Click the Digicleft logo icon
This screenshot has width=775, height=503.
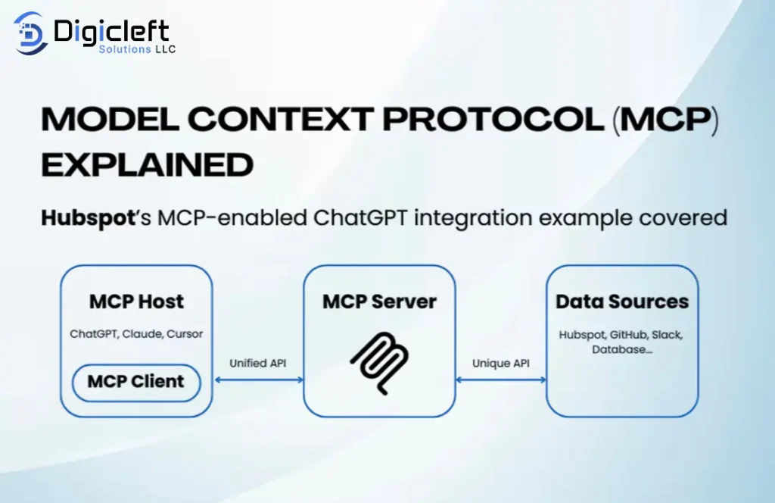[x=30, y=33]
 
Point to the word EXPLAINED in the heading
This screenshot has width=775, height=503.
[x=147, y=164]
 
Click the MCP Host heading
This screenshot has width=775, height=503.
[x=136, y=301]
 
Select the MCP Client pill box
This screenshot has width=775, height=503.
[x=136, y=382]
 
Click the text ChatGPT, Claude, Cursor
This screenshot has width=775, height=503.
[x=136, y=334]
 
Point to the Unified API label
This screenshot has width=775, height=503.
[x=257, y=364]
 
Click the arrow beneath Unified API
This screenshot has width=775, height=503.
[x=257, y=380]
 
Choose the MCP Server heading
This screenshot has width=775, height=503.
[x=379, y=301]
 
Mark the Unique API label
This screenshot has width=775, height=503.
[x=500, y=364]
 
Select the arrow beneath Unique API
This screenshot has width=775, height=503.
[x=500, y=380]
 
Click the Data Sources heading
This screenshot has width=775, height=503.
[x=622, y=301]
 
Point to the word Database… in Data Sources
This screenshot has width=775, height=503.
[x=622, y=349]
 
